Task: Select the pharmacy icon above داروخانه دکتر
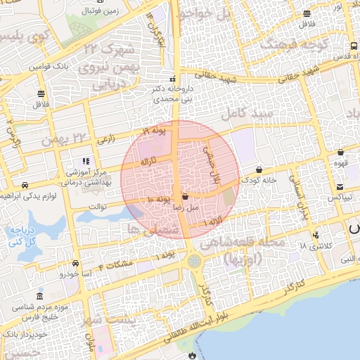(x=173, y=79)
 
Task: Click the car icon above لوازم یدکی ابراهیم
(x=25, y=185)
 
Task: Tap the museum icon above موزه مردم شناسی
(x=39, y=296)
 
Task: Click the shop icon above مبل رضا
(x=184, y=197)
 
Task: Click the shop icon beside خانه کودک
(x=261, y=169)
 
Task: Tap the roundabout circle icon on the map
(x=193, y=262)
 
